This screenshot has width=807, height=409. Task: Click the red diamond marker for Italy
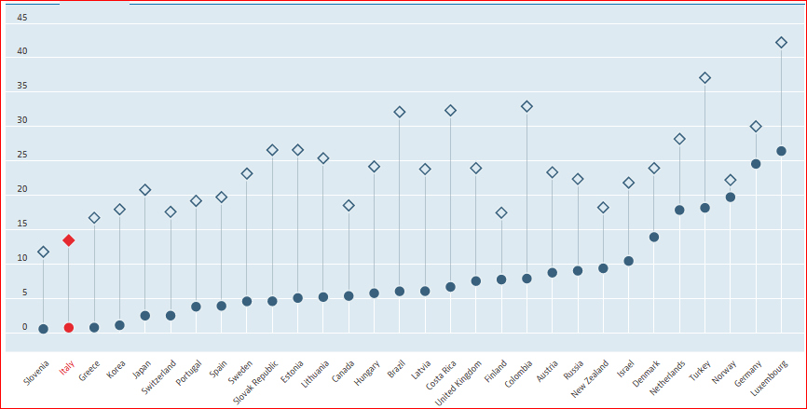click(69, 240)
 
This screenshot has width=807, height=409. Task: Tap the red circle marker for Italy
click(69, 328)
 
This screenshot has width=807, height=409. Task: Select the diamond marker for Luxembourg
click(781, 43)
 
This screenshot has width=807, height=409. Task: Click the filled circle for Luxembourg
click(781, 151)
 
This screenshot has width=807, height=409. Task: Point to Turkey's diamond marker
click(704, 78)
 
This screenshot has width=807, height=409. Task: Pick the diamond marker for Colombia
click(527, 107)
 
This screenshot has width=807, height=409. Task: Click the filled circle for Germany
click(756, 164)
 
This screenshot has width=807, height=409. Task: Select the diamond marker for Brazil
click(400, 112)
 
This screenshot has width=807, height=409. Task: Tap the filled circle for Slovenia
click(44, 329)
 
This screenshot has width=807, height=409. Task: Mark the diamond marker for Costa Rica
click(450, 110)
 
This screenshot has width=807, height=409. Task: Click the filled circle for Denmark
click(654, 237)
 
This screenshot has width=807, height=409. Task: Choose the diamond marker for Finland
click(501, 213)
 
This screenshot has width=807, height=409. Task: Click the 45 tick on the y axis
click(22, 18)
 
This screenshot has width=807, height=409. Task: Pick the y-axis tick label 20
click(22, 190)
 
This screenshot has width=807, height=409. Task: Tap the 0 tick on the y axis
click(25, 327)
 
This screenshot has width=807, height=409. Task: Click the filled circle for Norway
click(731, 198)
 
